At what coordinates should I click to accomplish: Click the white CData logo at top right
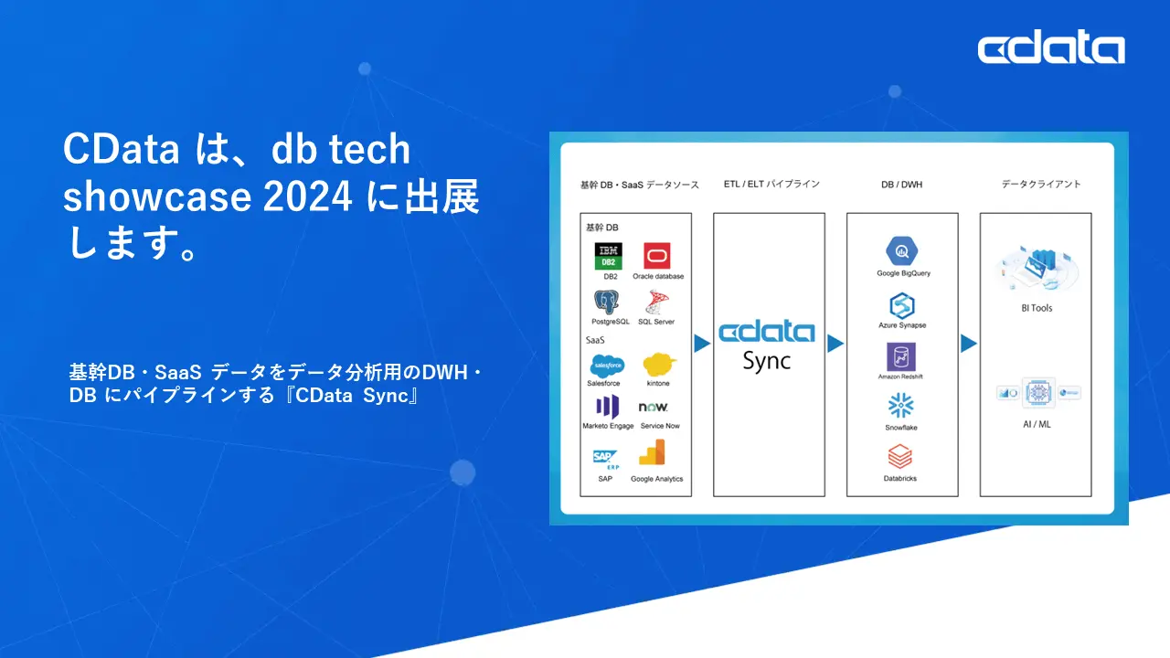click(1051, 48)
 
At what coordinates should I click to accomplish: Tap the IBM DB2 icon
click(608, 256)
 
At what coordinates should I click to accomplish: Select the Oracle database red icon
click(657, 256)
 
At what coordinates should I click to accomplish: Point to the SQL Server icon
click(656, 302)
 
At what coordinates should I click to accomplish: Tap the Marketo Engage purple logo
click(608, 407)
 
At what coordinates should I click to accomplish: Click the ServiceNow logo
click(654, 407)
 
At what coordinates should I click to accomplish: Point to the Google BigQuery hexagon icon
click(902, 250)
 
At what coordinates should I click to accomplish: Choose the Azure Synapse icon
click(902, 305)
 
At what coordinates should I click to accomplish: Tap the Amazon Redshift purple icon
click(901, 356)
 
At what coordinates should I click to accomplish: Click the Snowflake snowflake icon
click(901, 407)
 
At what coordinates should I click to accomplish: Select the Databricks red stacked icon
click(901, 458)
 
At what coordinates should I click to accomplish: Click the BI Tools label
click(1037, 308)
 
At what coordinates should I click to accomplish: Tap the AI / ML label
click(1037, 424)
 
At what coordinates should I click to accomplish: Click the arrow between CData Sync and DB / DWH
click(835, 344)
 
